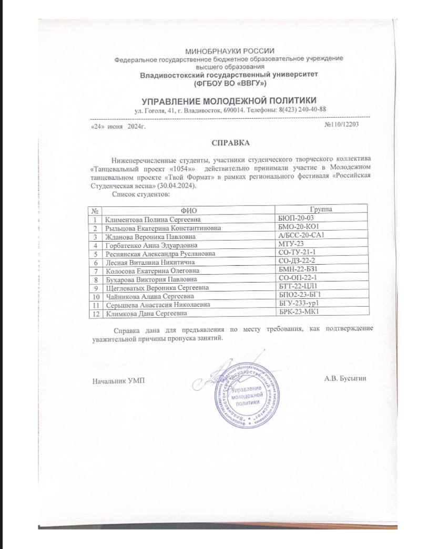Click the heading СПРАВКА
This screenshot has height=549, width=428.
[x=229, y=142]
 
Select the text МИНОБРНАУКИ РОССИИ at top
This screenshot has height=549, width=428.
[x=230, y=50]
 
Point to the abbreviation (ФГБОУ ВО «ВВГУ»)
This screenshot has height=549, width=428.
[x=230, y=84]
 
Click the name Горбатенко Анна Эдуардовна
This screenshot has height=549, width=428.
[x=145, y=245]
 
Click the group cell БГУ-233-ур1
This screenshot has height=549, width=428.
[x=301, y=304]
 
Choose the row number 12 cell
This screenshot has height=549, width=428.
[x=96, y=313]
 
